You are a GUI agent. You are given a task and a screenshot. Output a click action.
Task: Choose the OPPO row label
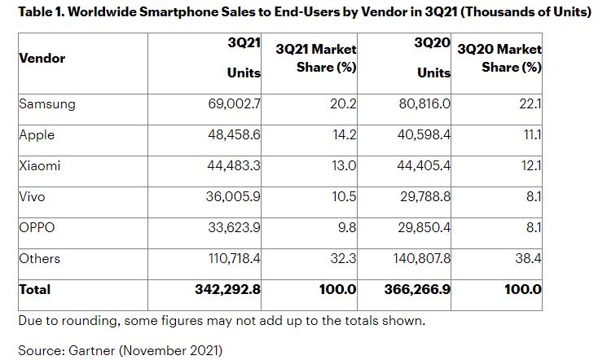(x=37, y=227)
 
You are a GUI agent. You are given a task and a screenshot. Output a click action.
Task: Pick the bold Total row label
(x=34, y=289)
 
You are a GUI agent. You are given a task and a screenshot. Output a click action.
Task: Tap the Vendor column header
(x=42, y=59)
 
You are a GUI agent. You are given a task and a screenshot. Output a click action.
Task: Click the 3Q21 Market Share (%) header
(x=317, y=59)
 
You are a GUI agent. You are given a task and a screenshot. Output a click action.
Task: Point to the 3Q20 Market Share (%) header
(x=501, y=59)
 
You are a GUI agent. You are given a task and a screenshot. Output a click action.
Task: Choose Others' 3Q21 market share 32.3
(x=345, y=258)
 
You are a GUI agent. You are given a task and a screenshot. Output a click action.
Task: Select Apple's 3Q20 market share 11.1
(x=534, y=135)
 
